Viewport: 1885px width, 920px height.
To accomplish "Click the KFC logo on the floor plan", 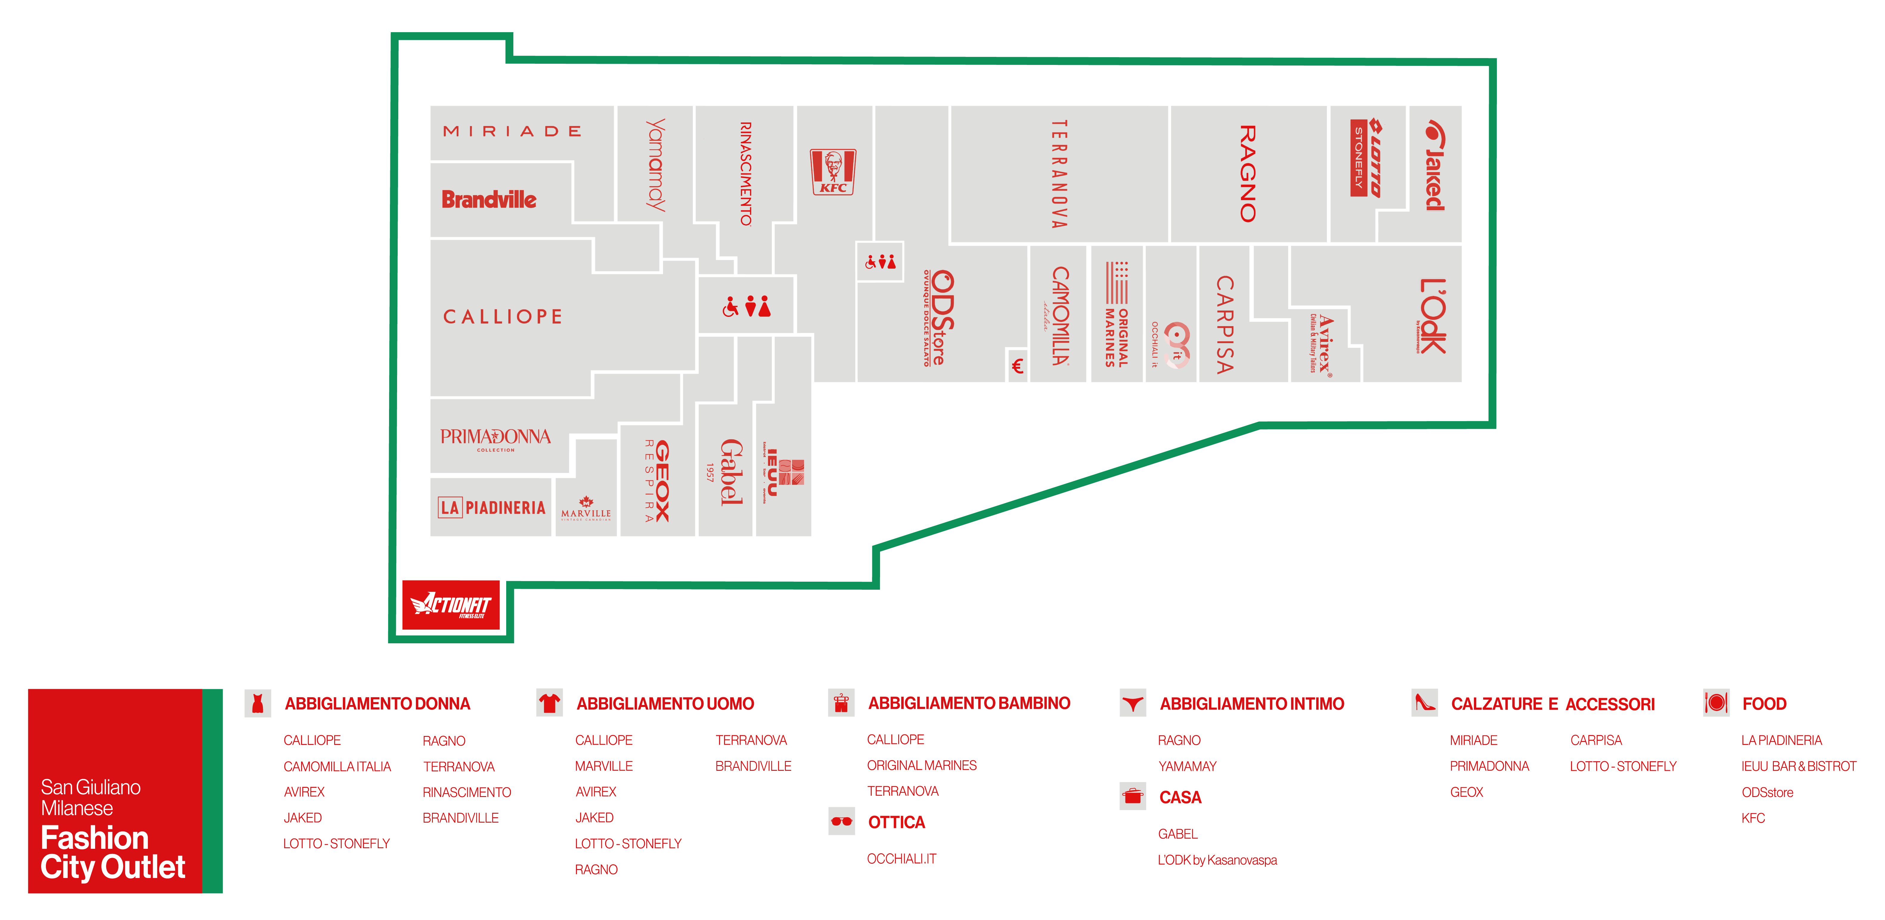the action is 833,172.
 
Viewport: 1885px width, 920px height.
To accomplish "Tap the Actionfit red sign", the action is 451,605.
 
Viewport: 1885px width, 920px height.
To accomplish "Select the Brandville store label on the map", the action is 489,200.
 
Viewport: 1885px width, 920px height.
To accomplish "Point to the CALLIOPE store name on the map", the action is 503,317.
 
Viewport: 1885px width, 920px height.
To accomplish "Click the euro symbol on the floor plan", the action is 1017,366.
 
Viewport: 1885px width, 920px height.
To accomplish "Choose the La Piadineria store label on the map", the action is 492,508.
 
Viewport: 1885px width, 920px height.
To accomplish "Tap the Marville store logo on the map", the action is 586,508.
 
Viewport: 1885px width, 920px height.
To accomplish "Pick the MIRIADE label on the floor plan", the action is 512,132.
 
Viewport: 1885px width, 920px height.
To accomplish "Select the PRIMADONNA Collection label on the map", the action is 495,439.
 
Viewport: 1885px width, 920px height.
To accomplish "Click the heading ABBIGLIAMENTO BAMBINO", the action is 969,703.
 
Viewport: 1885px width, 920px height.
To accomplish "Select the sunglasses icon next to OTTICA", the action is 842,821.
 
